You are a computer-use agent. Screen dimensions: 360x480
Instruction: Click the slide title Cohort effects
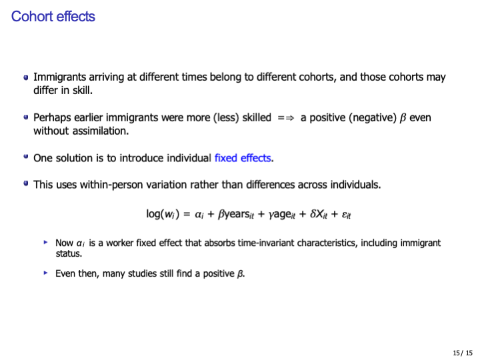53,17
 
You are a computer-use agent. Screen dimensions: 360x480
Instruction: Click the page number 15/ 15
461,352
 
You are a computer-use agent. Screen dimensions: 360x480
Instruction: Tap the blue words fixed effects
243,158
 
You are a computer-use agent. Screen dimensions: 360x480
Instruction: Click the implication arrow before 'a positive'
285,118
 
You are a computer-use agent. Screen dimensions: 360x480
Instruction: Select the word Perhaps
51,118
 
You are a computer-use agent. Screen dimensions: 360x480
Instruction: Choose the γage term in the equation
270,214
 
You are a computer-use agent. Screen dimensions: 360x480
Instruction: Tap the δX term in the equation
314,214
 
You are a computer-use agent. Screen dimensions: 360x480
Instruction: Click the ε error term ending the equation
345,214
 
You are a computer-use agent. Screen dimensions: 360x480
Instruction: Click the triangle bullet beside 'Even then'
46,273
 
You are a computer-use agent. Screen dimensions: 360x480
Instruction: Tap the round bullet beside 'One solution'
25,158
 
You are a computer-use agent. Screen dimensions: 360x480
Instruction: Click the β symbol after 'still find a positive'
240,273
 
